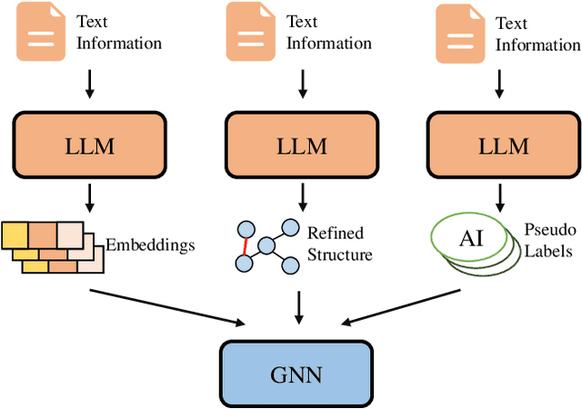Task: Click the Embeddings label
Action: click(x=150, y=219)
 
